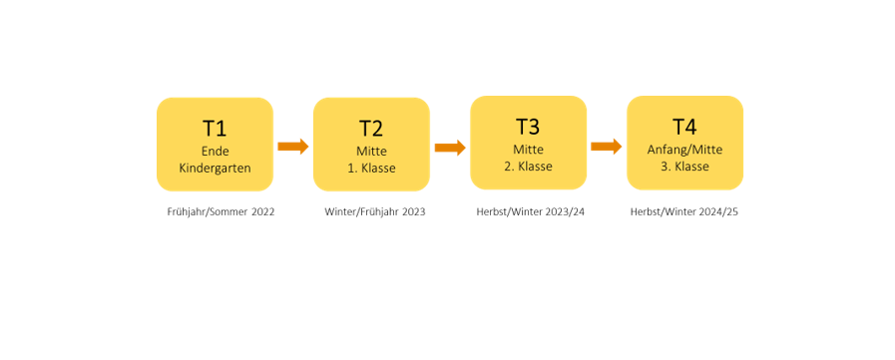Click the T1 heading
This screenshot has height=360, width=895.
pos(215,129)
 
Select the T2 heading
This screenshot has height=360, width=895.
pos(371,129)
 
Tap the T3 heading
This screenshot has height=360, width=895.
pos(528,128)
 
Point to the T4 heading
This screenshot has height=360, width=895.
pos(684,128)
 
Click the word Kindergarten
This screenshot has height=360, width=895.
pos(215,169)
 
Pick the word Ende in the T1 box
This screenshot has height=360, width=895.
pos(215,152)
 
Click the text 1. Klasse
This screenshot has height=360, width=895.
pos(371,169)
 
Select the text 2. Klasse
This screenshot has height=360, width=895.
pos(528,167)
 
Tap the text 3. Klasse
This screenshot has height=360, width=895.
pos(684,167)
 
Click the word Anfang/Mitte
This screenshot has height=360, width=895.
pos(684,150)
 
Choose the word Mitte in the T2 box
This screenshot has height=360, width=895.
pos(371,152)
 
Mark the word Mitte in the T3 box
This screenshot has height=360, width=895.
pos(528,150)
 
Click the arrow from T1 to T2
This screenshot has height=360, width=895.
pos(292,147)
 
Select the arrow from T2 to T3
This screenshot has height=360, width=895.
pos(450,148)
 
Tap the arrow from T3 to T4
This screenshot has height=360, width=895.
pos(607,147)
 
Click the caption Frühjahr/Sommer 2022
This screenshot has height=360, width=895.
pos(221,212)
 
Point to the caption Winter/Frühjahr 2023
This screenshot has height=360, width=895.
pos(375,212)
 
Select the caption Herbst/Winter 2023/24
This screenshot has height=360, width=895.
pos(531,212)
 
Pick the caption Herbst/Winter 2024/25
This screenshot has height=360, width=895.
pos(684,212)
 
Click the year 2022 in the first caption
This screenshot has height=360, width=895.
pos(263,212)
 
